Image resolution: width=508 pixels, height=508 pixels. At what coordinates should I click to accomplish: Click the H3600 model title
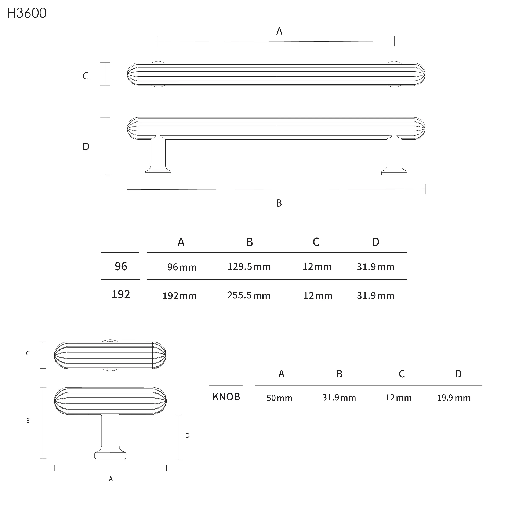pyautogui.click(x=27, y=13)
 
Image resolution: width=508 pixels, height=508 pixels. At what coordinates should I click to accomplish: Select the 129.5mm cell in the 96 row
pyautogui.click(x=249, y=267)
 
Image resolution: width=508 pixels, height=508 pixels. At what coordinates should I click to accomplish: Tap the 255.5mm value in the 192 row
pyautogui.click(x=249, y=295)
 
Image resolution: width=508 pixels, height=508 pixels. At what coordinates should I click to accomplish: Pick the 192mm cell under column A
pyautogui.click(x=179, y=296)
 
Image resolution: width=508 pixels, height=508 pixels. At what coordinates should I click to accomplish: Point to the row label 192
pyautogui.click(x=121, y=294)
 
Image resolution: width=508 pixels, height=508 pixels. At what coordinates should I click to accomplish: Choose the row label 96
pyautogui.click(x=121, y=266)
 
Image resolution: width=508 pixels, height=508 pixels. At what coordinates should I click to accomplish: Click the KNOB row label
pyautogui.click(x=226, y=397)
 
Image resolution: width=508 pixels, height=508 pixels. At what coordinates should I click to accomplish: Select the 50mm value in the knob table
pyautogui.click(x=279, y=398)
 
